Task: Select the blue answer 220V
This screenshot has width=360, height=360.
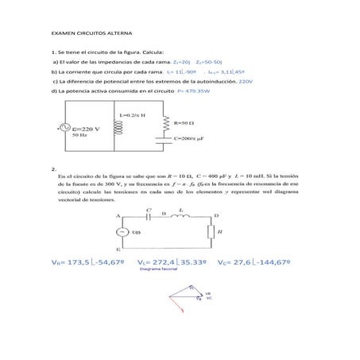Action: pyautogui.click(x=246, y=81)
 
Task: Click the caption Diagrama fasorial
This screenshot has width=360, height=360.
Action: pyautogui.click(x=157, y=270)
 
